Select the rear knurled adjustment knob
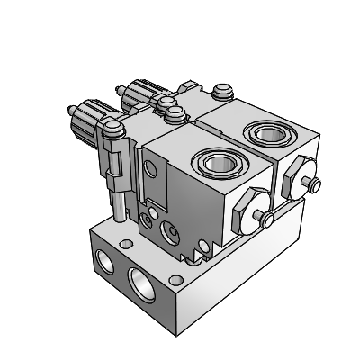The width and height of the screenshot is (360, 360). [140, 92]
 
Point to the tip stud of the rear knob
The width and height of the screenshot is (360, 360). [121, 91]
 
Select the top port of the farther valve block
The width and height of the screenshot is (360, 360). [267, 135]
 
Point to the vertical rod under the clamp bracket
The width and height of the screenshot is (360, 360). [119, 202]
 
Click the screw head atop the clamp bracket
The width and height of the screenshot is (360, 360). [112, 130]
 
